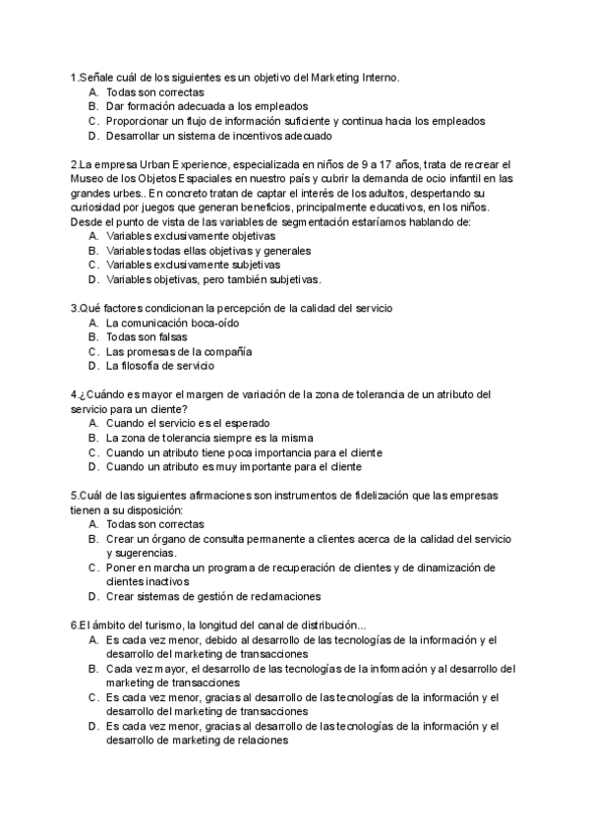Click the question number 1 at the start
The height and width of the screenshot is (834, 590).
tap(74, 78)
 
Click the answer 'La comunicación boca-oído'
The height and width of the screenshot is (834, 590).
tap(172, 323)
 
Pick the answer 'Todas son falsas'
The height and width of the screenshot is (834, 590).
tap(147, 337)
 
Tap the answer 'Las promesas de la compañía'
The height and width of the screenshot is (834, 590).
tap(179, 351)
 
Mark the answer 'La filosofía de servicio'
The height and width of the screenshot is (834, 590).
tap(159, 366)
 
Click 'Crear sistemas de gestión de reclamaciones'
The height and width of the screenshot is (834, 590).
tap(213, 596)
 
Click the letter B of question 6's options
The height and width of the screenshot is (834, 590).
tap(91, 669)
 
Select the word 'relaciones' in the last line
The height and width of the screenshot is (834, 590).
tap(260, 741)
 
